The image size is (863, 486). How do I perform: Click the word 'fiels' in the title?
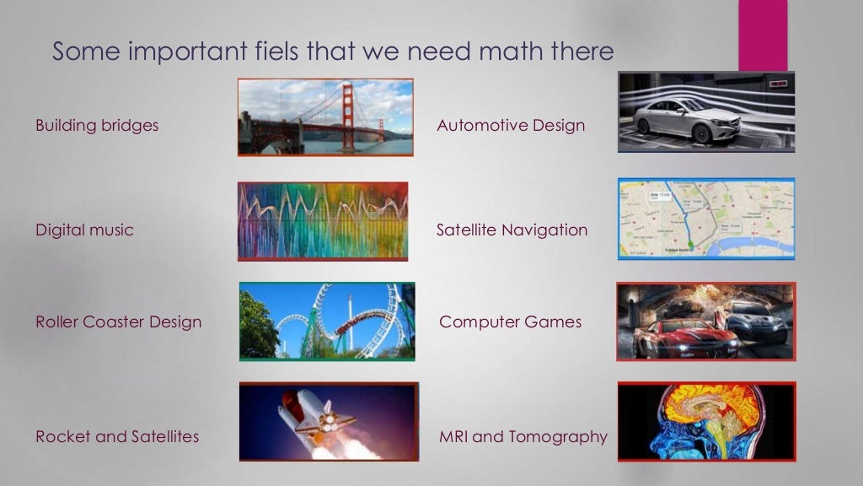pos(273,51)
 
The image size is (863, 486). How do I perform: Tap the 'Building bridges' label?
pos(97,126)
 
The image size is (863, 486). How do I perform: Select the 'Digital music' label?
pos(84,229)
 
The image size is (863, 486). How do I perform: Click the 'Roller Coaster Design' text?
pos(119,321)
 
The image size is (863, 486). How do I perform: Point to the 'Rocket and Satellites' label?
pos(117,436)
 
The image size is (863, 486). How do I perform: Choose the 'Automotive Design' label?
pos(511,126)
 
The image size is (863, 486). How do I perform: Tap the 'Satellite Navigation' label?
pos(512,229)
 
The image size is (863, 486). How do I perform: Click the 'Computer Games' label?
pos(511,321)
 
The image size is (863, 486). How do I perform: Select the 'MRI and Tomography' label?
pos(523,436)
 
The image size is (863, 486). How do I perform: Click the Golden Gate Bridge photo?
pos(325,116)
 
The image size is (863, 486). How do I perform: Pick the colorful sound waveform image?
pos(323,220)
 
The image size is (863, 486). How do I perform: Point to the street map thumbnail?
pos(706,218)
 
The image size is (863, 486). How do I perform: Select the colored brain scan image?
pos(706,421)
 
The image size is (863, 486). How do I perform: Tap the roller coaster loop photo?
pos(327,321)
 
